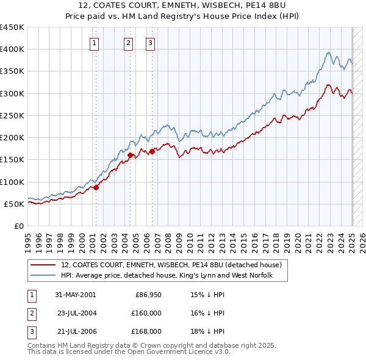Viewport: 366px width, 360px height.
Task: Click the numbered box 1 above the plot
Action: pos(95,43)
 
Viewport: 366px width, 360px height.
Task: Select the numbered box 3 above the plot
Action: pos(150,43)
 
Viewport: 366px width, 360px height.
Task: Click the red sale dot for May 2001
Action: pos(96,187)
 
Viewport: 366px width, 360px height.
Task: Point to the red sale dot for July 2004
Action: pos(131,155)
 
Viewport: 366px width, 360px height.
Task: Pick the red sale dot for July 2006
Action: pos(152,151)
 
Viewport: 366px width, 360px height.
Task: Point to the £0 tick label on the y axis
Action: pos(18,226)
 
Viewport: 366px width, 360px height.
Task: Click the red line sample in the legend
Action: pos(43,265)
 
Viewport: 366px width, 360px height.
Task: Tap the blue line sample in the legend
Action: pos(43,276)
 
